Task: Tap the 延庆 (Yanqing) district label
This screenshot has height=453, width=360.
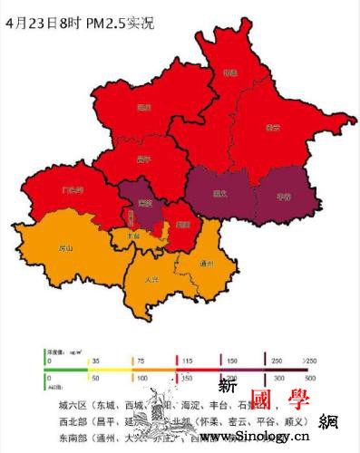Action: coord(143,107)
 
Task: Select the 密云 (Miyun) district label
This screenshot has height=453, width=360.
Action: coord(271,128)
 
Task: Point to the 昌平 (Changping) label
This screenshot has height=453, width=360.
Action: coord(142,159)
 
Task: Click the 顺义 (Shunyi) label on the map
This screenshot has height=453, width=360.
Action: coord(219,192)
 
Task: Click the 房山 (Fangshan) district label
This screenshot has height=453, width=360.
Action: coord(64,247)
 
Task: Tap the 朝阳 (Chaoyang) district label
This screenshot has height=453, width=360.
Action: coord(182,219)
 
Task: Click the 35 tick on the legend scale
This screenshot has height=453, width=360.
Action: coord(93,361)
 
